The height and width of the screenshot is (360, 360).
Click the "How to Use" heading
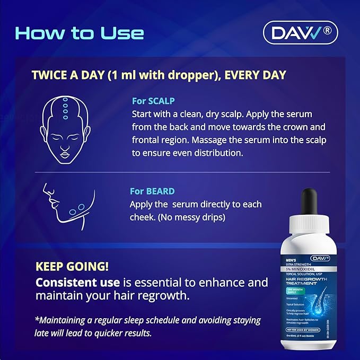click(80, 33)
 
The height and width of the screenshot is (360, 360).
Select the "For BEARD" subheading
click(152, 191)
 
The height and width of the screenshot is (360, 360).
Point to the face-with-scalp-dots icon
click(64, 127)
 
